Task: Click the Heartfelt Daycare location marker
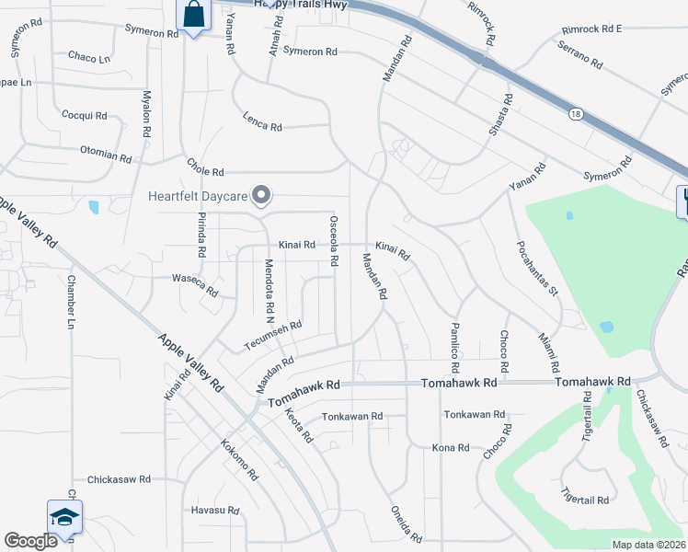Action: click(x=262, y=194)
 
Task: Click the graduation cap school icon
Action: click(x=64, y=517)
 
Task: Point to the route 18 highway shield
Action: click(x=574, y=112)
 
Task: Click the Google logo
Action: click(x=30, y=541)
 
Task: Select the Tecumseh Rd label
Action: click(x=273, y=336)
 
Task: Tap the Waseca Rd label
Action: click(x=195, y=284)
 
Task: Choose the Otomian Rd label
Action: click(x=106, y=154)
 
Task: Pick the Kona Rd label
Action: click(x=451, y=448)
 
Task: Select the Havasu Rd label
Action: click(x=214, y=511)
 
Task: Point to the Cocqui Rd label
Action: click(x=84, y=116)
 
